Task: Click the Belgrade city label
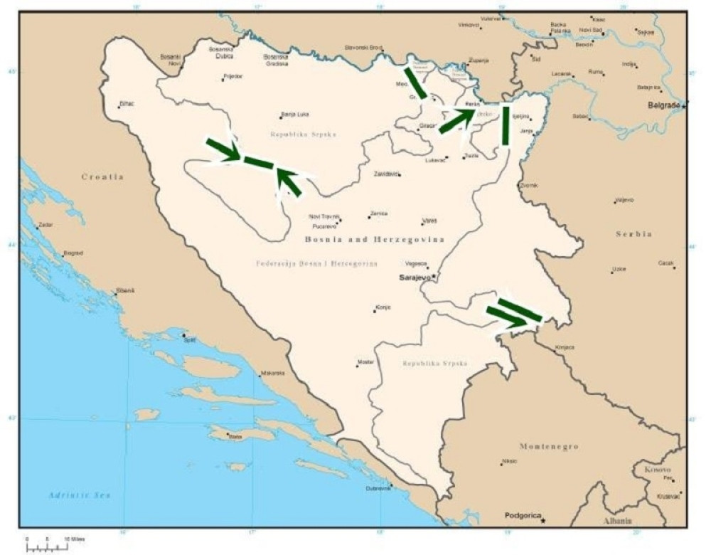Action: [x=664, y=105]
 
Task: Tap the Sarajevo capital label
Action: [x=415, y=278]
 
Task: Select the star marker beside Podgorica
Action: [x=543, y=521]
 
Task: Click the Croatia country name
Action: [x=102, y=176]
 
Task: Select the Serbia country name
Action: [x=635, y=233]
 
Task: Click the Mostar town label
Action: [x=365, y=362]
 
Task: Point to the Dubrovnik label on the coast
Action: [x=378, y=488]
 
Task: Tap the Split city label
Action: [x=190, y=341]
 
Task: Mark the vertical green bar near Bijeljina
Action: [x=506, y=125]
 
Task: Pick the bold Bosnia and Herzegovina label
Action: [x=375, y=240]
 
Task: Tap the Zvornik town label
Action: [x=529, y=185]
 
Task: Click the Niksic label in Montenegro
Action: [x=509, y=461]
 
